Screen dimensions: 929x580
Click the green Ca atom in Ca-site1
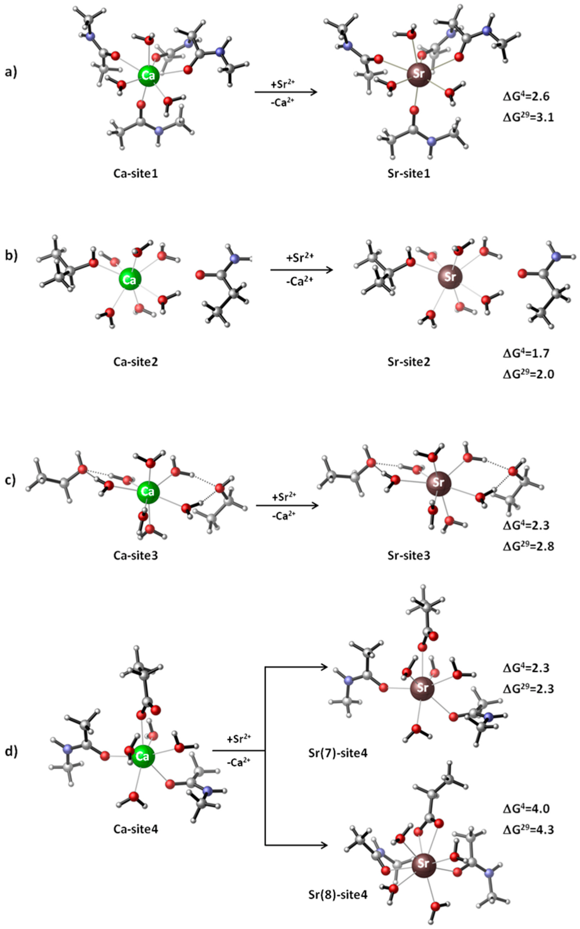[x=148, y=76]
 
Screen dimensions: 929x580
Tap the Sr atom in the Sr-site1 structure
[x=418, y=74]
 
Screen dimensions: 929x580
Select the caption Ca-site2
[x=136, y=362]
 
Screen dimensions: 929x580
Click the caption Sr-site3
[x=409, y=555]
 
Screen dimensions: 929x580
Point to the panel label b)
[x=11, y=255]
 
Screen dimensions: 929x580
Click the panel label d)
[x=11, y=751]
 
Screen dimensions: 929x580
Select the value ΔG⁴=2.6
[x=526, y=96]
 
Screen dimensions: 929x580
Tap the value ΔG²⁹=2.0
[x=528, y=374]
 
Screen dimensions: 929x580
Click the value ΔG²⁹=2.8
[x=528, y=546]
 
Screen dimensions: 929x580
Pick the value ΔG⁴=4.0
[x=526, y=808]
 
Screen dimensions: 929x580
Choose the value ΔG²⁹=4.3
[x=528, y=829]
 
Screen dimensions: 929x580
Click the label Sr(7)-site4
[x=338, y=753]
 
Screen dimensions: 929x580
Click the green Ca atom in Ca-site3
[x=148, y=492]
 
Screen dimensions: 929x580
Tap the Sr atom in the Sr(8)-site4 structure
[x=423, y=864]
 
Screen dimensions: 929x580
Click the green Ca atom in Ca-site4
[x=143, y=756]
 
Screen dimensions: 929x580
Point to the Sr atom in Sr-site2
[x=450, y=277]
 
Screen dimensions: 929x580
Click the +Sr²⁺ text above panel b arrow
[x=300, y=258]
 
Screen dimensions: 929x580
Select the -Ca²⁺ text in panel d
[x=238, y=762]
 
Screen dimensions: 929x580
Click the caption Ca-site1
[x=136, y=173]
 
